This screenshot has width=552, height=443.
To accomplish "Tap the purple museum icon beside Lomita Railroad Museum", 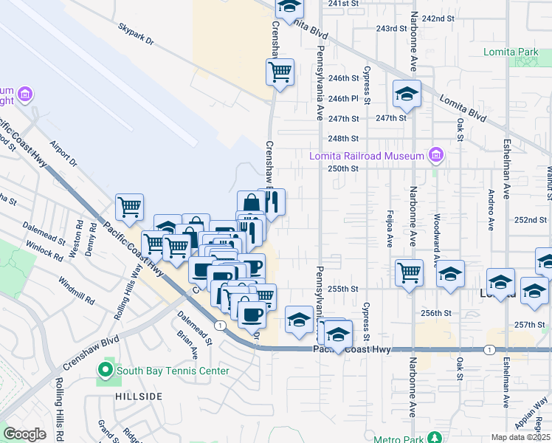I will (436, 156).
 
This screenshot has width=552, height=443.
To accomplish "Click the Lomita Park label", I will (511, 52).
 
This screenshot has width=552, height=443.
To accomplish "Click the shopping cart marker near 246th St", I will (280, 72).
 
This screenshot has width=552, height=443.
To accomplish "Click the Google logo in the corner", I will (24, 434).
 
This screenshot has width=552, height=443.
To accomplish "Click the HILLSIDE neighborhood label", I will (139, 396).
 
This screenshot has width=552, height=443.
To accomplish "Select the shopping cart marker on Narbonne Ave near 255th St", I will (408, 272).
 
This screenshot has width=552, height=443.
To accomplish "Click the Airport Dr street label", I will (64, 153).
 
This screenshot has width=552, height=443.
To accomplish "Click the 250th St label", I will (343, 168).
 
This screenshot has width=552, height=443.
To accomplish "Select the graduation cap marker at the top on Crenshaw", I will (290, 7).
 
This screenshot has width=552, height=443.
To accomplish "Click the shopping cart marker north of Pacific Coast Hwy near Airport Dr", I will (129, 207).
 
